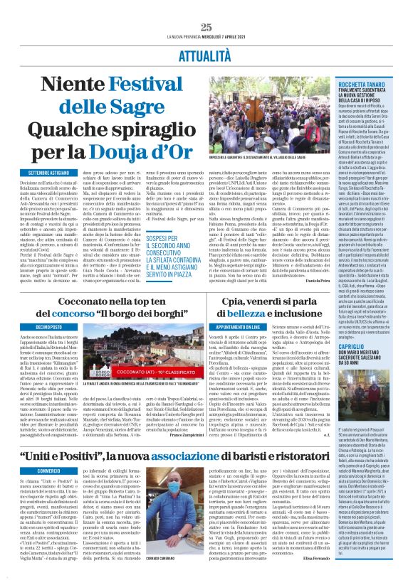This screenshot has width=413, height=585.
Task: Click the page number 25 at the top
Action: tap(206, 26)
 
